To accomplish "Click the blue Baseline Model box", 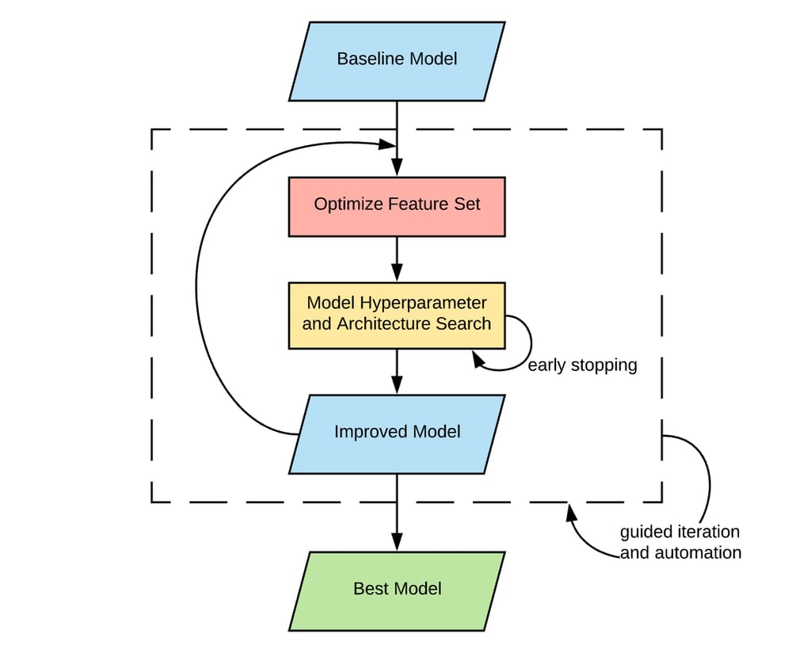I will click(397, 61).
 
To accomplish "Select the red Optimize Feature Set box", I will click(397, 206).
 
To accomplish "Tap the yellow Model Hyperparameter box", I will click(397, 315).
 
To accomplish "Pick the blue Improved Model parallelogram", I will click(397, 433).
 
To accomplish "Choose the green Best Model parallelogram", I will click(397, 590).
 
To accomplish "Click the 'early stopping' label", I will click(582, 365).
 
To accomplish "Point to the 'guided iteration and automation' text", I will click(680, 542).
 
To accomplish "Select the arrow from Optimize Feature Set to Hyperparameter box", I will click(397, 258).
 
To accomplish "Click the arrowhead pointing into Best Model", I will click(397, 544).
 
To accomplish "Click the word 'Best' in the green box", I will click(370, 589).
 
